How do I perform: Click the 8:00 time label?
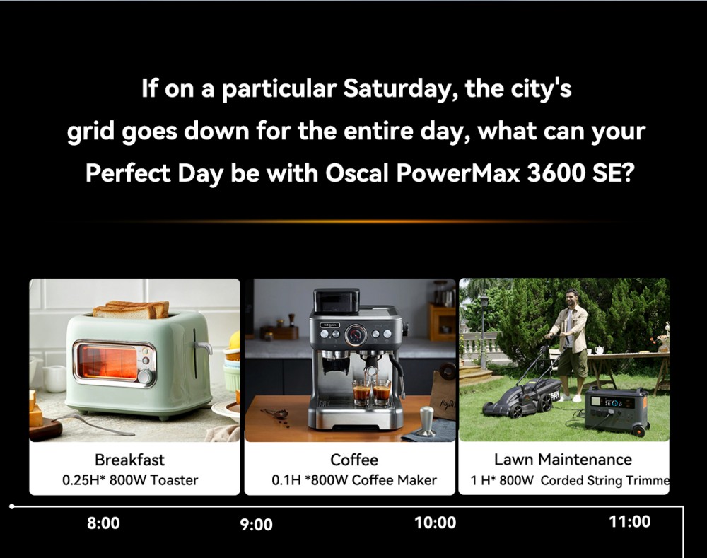[103, 523]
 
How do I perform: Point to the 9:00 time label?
[256, 525]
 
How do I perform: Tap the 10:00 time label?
[435, 523]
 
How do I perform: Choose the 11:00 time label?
[629, 522]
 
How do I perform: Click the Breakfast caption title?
[130, 460]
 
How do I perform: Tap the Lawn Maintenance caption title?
[563, 460]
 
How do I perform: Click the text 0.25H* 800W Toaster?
[130, 480]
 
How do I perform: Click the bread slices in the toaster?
[131, 309]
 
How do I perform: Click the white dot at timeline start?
[12, 506]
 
